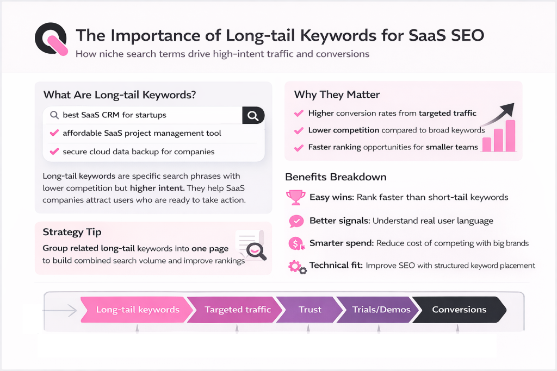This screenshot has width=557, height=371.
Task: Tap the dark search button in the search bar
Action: pos(253,115)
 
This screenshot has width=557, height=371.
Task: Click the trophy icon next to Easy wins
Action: pos(295,197)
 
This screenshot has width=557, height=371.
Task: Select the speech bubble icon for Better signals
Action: pos(296,221)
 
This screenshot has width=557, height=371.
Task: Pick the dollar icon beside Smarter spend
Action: pos(296,244)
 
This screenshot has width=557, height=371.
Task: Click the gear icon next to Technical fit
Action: pos(296,267)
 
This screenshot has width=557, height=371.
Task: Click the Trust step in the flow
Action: pos(310,310)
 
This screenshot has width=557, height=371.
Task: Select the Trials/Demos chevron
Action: pos(375,310)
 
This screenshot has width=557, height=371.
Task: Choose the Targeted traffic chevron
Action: pos(237,310)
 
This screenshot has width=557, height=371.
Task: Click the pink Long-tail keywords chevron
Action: pos(137,310)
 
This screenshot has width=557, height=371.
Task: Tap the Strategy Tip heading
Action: pos(72,232)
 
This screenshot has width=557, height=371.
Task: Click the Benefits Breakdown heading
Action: pos(336,177)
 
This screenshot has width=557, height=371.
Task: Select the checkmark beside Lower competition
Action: pos(298,130)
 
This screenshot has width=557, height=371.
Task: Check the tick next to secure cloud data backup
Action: pos(54,152)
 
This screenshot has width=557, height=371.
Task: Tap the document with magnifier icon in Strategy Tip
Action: pos(250,244)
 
